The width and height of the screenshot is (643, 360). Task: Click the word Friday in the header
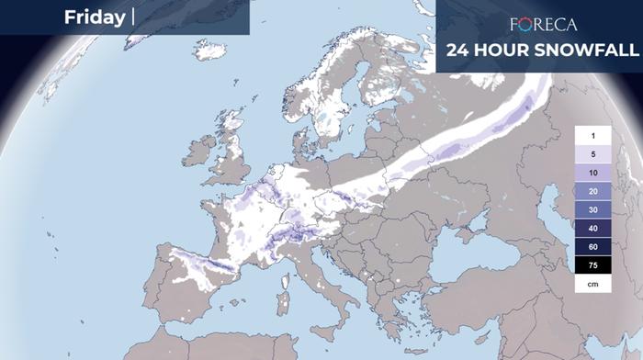click(x=95, y=17)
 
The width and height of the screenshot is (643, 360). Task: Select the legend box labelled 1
click(x=593, y=135)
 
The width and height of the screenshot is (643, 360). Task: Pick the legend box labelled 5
click(x=593, y=153)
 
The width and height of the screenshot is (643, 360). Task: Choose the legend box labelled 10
click(x=593, y=172)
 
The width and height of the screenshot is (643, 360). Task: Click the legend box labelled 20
click(x=593, y=191)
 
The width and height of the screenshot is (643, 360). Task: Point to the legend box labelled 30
click(x=593, y=209)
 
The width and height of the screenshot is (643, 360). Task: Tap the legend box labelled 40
click(x=593, y=228)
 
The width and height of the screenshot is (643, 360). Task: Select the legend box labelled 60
click(x=593, y=247)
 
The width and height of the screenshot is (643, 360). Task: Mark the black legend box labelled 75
click(x=593, y=265)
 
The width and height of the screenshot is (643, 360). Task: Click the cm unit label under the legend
click(x=593, y=285)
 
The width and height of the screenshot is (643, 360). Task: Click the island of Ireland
click(x=198, y=151)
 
